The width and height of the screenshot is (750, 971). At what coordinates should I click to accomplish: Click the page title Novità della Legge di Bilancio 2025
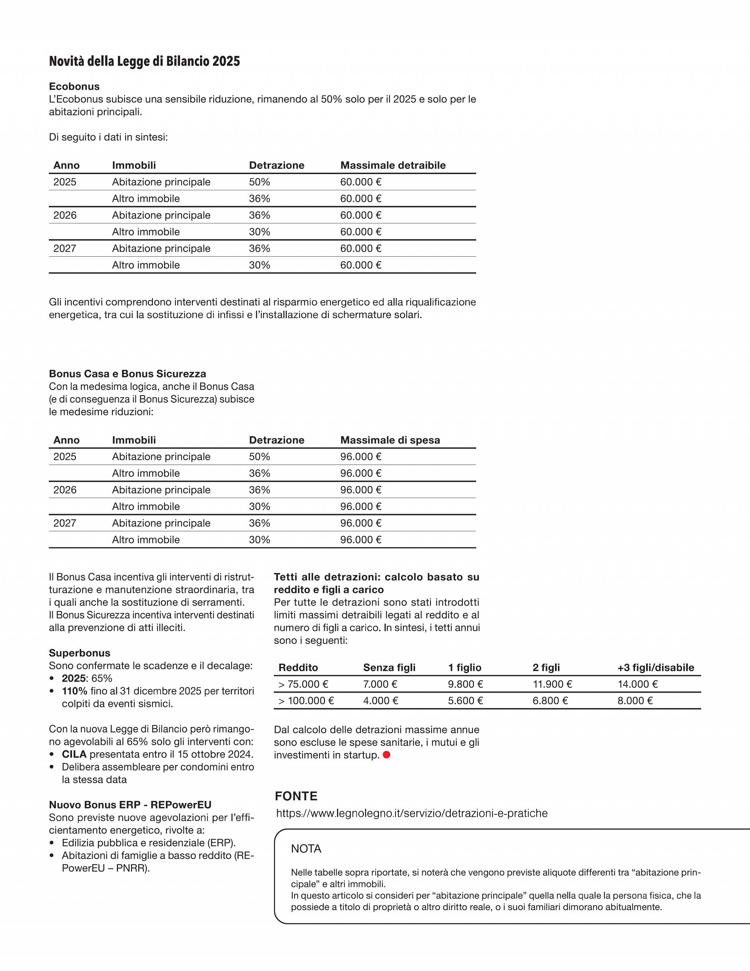click(144, 61)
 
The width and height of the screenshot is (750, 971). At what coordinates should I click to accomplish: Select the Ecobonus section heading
click(74, 86)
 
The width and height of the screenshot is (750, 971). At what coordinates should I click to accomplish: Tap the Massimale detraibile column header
click(393, 165)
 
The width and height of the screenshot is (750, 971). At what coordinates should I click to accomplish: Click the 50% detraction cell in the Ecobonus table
click(259, 182)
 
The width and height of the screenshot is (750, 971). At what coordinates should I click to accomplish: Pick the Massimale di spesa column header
click(390, 440)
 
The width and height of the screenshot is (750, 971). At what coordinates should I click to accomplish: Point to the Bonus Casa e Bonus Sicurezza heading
click(127, 374)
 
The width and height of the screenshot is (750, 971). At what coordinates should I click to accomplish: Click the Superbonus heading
click(80, 653)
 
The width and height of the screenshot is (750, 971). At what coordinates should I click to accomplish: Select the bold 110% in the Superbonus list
click(74, 691)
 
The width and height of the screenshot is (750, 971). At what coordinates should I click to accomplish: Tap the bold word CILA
click(74, 754)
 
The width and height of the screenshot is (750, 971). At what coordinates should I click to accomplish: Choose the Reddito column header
click(298, 667)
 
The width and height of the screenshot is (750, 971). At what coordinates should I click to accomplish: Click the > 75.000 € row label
click(303, 684)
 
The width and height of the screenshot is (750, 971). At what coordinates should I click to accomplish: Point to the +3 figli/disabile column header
click(655, 667)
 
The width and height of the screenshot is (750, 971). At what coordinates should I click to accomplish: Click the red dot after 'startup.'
click(386, 755)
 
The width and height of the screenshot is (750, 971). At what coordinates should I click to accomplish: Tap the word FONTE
click(296, 796)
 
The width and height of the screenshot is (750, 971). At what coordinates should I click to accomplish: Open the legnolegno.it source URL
click(412, 813)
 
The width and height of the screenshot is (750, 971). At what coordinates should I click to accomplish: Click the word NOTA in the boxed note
click(306, 849)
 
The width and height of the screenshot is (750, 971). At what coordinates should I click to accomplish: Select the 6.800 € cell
click(550, 701)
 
